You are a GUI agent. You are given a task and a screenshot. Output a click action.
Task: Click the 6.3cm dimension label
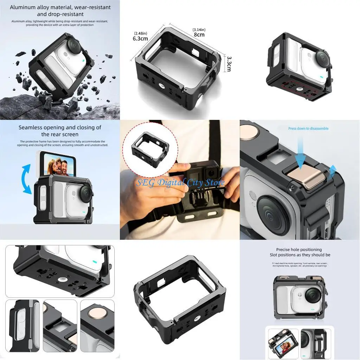point(140,39)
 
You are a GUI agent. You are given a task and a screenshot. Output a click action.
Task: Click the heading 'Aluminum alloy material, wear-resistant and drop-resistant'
point(60,11)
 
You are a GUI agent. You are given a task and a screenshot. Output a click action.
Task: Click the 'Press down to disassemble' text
point(308,129)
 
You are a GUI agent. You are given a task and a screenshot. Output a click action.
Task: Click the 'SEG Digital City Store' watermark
point(180,183)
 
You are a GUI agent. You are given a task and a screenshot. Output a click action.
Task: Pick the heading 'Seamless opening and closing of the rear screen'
point(60,131)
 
